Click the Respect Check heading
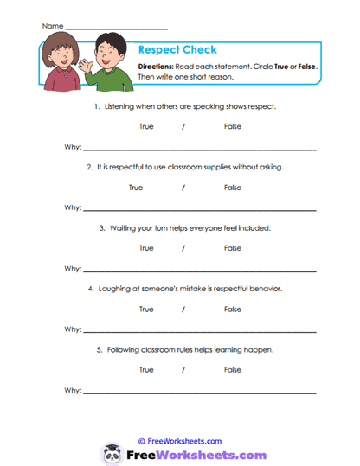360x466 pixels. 177,49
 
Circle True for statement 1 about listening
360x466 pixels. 146,127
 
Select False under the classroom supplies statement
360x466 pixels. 232,188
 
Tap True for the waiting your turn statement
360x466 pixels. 146,248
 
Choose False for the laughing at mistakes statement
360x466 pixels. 232,309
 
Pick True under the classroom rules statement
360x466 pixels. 146,369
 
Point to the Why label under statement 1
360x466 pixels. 73,148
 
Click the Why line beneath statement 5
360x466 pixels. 199,392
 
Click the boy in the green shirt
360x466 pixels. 105,73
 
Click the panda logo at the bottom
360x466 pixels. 112,453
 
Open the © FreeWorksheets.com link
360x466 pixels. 180,440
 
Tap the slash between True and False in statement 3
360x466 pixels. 183,248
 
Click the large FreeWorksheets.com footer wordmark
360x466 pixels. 195,454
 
